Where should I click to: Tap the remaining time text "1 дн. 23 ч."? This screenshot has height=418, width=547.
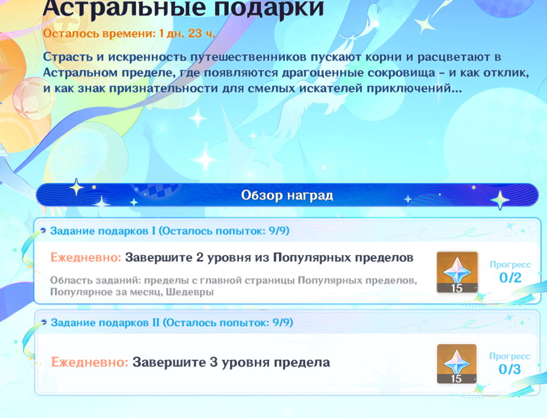(187, 33)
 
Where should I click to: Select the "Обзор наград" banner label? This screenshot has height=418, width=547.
(287, 195)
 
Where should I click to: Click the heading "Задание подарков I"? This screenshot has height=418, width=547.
(103, 231)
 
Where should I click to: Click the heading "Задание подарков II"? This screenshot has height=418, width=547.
(105, 322)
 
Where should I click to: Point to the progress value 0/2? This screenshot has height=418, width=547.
(510, 278)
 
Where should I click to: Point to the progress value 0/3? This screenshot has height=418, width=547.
(510, 369)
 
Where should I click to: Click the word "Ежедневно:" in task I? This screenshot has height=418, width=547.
(86, 257)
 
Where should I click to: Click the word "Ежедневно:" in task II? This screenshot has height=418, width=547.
(90, 362)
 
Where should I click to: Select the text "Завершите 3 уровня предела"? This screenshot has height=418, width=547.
(231, 363)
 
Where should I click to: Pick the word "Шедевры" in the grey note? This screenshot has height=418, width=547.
(189, 292)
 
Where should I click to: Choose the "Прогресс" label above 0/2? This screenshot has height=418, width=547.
(510, 265)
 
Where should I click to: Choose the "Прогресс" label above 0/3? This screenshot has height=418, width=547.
(510, 356)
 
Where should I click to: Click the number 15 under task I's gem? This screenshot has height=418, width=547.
(456, 288)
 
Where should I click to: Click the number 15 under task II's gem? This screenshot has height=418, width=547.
(456, 379)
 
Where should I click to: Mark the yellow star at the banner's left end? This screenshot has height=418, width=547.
(76, 187)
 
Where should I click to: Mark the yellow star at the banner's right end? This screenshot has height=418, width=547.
(500, 200)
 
